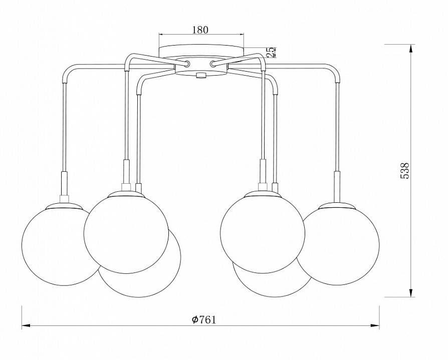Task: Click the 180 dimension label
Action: (200, 30)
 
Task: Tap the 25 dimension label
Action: (272, 52)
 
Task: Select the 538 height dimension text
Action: (404, 171)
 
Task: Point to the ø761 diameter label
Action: (204, 320)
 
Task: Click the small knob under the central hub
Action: (201, 75)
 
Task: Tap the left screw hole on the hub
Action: (187, 64)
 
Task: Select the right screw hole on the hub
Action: (213, 64)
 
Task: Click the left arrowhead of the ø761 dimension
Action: (26, 325)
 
